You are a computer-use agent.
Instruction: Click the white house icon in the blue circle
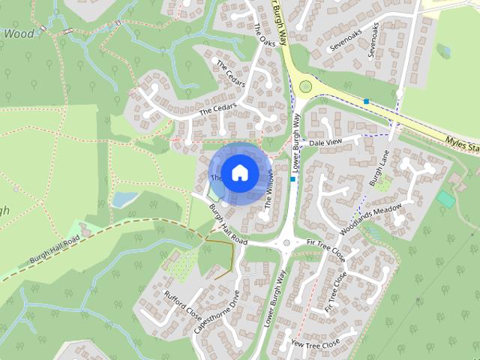pyautogui.click(x=238, y=172)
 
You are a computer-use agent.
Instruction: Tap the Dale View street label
pyautogui.click(x=325, y=142)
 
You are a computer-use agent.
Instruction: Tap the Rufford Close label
pyautogui.click(x=184, y=304)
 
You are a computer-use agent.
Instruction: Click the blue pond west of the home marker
pyautogui.click(x=124, y=199)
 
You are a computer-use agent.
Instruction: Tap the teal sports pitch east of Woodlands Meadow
pyautogui.click(x=445, y=199)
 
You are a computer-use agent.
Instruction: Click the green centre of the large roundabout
pyautogui.click(x=305, y=86)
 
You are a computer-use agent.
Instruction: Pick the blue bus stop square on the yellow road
pyautogui.click(x=366, y=101)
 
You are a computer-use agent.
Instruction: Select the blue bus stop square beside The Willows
pyautogui.click(x=292, y=179)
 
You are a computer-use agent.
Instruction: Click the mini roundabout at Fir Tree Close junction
pyautogui.click(x=286, y=243)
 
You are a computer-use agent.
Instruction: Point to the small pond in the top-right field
pyautogui.click(x=443, y=51)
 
